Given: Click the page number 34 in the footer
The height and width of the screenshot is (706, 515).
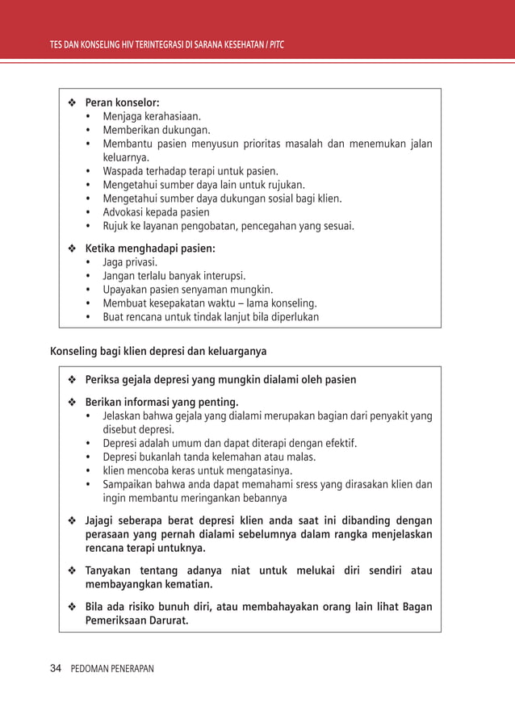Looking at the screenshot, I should click(56, 669).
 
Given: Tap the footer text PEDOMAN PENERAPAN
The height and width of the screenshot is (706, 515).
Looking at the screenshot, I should click(112, 669).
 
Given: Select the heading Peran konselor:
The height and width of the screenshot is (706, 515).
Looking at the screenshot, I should click(122, 102).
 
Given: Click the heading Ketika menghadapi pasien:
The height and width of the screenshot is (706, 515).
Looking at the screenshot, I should click(150, 249).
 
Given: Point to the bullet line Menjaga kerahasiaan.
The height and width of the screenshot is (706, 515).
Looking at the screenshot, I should click(152, 116).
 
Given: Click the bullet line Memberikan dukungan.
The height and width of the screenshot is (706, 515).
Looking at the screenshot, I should click(157, 130).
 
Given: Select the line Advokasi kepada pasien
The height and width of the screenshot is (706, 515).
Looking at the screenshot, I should click(156, 212).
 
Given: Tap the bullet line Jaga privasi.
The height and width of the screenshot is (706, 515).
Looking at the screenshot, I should click(130, 262).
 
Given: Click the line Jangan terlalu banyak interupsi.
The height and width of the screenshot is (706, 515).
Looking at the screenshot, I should click(174, 276).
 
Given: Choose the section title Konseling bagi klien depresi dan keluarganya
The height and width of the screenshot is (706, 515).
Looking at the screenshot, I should click(158, 351).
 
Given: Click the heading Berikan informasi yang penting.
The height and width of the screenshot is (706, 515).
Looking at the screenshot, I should click(162, 403).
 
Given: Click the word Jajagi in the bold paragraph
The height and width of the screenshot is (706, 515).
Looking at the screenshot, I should click(102, 520).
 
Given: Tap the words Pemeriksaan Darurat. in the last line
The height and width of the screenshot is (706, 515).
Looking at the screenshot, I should click(137, 620).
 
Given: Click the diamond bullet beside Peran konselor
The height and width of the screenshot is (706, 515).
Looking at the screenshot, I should click(72, 102).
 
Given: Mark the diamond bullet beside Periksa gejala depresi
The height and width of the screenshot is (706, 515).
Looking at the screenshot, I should click(72, 379).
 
